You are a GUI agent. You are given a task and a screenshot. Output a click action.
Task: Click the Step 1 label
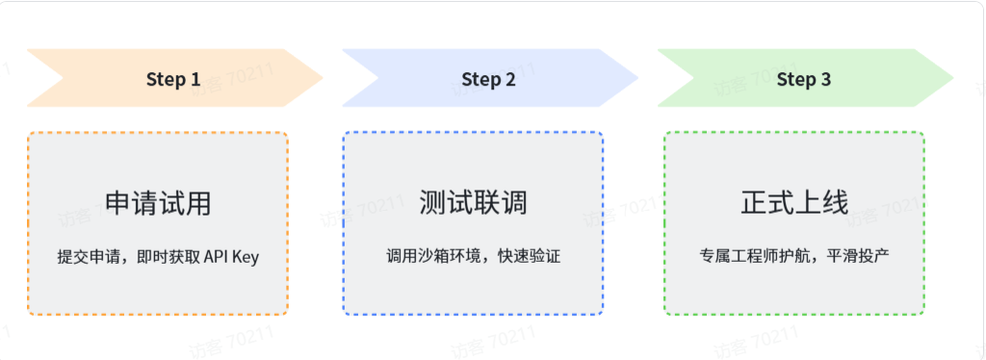173,79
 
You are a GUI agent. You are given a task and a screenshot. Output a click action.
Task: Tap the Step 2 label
488,79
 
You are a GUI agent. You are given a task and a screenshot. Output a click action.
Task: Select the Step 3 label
804,79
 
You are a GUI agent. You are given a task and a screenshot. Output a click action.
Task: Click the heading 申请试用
158,203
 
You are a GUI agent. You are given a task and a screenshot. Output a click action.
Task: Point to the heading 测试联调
473,203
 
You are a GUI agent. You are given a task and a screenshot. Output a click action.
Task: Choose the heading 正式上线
794,203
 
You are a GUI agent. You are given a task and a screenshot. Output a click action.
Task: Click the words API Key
231,257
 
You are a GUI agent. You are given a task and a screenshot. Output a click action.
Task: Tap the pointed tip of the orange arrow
324,79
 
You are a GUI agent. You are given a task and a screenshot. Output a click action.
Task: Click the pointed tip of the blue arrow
638,79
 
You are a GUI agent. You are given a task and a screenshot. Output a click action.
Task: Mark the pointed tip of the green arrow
953,79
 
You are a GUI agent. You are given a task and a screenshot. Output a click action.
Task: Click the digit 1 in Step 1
195,79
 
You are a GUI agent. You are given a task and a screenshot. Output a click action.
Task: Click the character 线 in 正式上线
836,203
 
